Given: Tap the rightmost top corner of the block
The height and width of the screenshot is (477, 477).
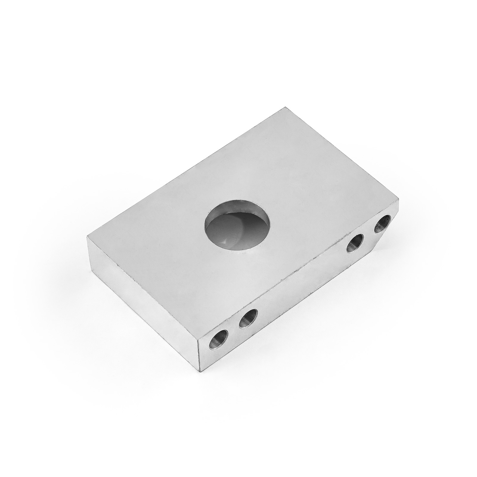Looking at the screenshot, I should pos(398,201).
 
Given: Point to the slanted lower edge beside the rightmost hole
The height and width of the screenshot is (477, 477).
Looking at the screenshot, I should pos(385,238).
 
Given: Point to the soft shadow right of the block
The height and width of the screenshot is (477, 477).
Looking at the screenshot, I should pos(417,238).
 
